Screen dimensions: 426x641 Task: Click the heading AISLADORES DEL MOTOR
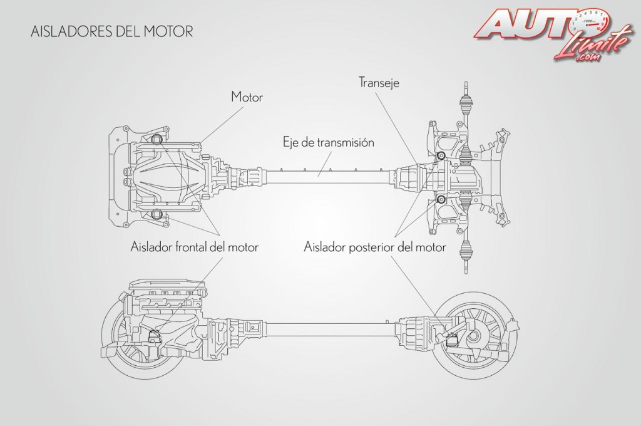tap(104, 32)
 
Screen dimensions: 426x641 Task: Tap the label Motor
tap(247, 97)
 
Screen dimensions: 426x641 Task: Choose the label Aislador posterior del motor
tap(375, 247)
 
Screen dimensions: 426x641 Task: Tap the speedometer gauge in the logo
tap(591, 21)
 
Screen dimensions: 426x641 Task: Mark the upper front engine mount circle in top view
tap(156, 140)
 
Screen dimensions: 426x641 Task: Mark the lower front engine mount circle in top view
tap(156, 217)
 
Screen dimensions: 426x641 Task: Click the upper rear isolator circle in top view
tap(441, 155)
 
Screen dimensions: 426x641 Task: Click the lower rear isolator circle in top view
tap(441, 200)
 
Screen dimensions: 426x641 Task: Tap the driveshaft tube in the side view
tap(326, 325)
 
